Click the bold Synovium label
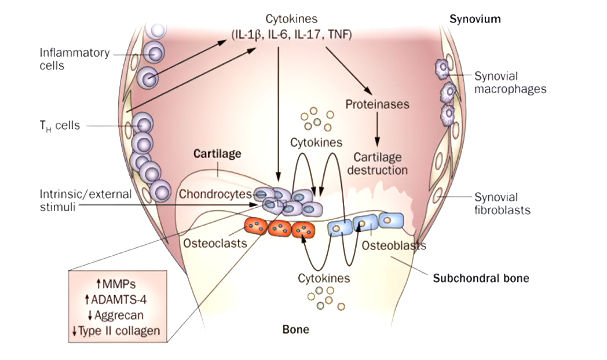475,19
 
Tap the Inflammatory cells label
74,59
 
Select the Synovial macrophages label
510,82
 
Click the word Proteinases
377,105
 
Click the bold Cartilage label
217,155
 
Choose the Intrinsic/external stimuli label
85,200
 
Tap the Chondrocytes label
215,194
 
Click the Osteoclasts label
215,244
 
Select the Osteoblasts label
394,246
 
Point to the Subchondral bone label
481,278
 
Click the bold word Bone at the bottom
295,330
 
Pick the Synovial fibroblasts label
502,204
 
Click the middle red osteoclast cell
279,227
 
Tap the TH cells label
60,125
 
